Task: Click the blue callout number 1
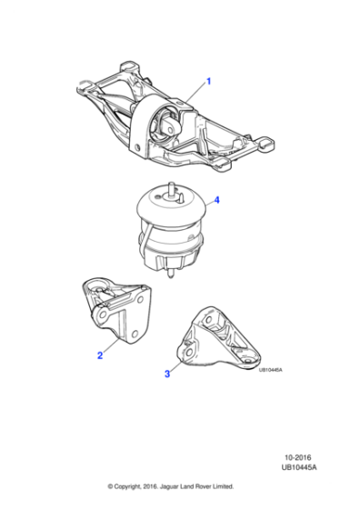click(x=208, y=82)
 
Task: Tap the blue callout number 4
click(x=215, y=201)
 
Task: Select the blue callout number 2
click(x=100, y=356)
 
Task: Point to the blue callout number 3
click(x=167, y=374)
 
